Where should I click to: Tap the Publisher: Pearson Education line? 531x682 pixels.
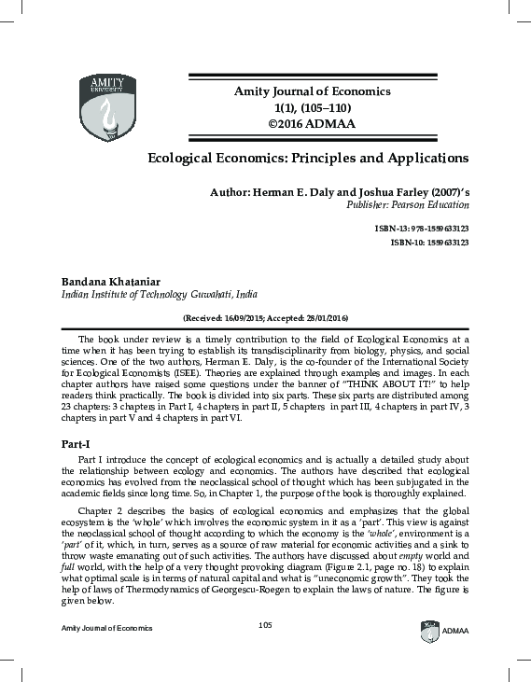click(408, 204)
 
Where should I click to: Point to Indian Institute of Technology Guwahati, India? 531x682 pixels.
click(159, 293)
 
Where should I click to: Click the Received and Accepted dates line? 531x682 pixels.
click(266, 317)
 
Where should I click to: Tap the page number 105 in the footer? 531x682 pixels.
click(265, 649)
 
